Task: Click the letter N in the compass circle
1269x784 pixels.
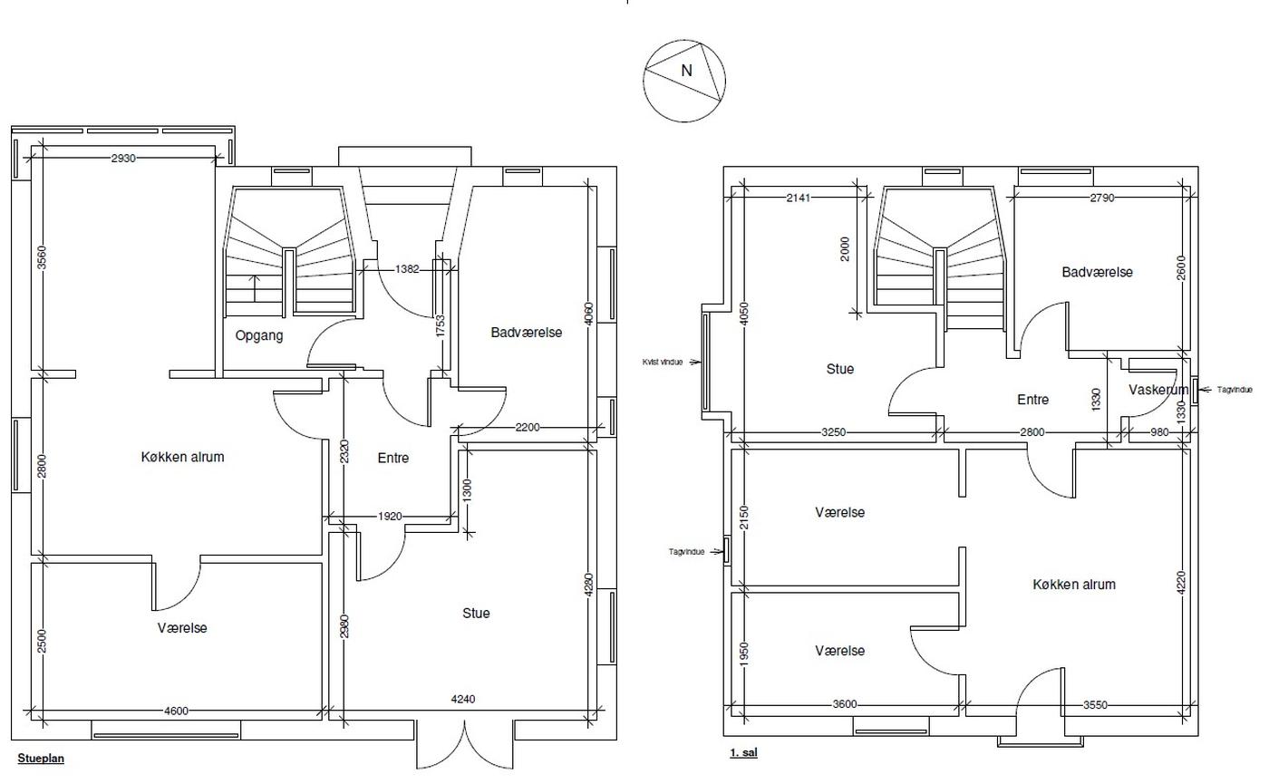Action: (x=686, y=71)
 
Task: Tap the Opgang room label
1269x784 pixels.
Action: (x=259, y=335)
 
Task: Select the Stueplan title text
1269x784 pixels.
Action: (x=41, y=759)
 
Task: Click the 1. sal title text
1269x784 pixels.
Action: (x=743, y=753)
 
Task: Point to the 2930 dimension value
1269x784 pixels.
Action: (x=123, y=158)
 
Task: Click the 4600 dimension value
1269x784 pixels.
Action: (x=176, y=711)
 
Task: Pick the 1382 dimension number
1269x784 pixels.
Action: (x=407, y=269)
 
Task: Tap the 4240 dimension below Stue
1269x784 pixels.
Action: (x=463, y=700)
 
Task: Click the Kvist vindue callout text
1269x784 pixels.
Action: (x=663, y=362)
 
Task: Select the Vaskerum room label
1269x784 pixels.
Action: (x=1158, y=390)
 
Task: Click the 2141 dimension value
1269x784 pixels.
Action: (x=799, y=198)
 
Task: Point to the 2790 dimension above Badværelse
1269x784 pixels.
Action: (x=1102, y=198)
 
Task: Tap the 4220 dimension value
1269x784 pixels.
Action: (x=1181, y=583)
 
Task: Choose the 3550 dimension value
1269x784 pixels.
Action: (x=1095, y=705)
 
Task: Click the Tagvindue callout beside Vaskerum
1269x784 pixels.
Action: (x=1235, y=390)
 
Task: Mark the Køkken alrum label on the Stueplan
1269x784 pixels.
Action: (x=182, y=457)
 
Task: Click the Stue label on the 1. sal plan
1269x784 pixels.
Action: (x=840, y=370)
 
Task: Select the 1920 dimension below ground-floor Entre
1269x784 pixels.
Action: (x=390, y=517)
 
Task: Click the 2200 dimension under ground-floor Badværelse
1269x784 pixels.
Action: (x=528, y=428)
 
